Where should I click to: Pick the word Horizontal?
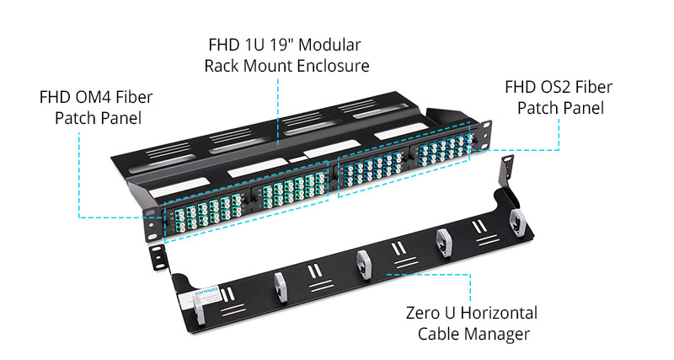click(x=498, y=314)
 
